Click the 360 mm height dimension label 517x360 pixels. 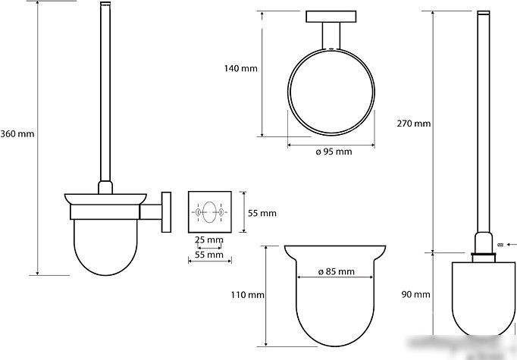coord(17,134)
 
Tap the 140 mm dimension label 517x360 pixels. coord(241,68)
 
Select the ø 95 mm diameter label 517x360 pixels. coord(334,152)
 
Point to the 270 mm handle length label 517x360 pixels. coord(413,124)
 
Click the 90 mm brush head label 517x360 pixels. coord(415,294)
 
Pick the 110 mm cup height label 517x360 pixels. coord(247,295)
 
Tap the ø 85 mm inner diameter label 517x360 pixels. coord(337,271)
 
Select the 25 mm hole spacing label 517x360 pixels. coord(209,239)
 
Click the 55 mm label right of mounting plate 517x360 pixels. coord(262,213)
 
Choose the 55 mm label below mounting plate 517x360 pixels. coord(209,255)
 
